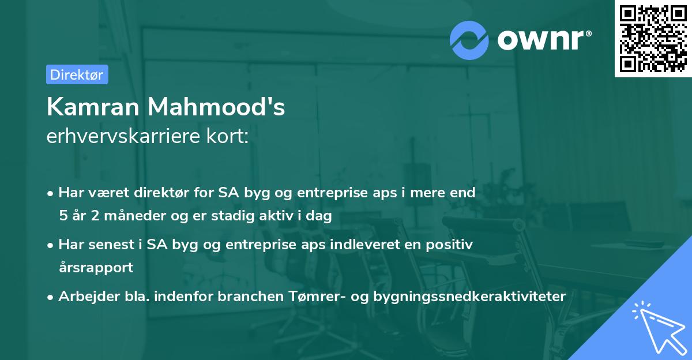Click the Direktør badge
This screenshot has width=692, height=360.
[77, 74]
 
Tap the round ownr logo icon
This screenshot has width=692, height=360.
[469, 40]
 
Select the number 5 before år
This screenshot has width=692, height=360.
[62, 216]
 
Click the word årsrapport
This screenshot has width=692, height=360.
[96, 268]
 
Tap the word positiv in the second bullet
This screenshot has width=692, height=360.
[452, 245]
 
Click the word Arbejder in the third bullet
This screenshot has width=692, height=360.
[83, 296]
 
